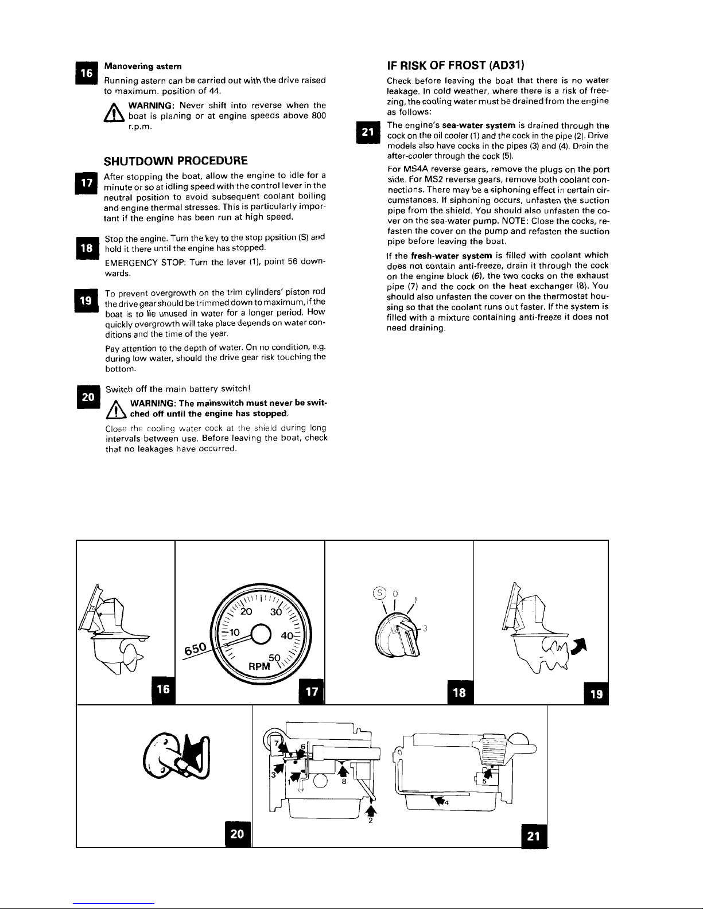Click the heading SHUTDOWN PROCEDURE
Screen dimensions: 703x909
pyautogui.click(x=176, y=161)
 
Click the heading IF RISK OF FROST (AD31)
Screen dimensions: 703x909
pyautogui.click(x=455, y=65)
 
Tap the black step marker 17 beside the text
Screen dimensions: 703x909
pyautogui.click(x=87, y=183)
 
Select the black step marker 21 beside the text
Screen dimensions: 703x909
pyautogui.click(x=368, y=132)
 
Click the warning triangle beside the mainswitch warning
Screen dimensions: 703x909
pyautogui.click(x=116, y=409)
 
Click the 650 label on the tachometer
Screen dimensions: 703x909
pyautogui.click(x=196, y=649)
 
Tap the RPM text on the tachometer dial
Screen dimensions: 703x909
pyautogui.click(x=259, y=666)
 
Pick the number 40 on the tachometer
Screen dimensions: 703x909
pyautogui.click(x=287, y=636)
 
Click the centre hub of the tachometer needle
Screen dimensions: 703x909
pyautogui.click(x=261, y=635)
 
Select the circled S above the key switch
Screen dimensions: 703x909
pyautogui.click(x=379, y=592)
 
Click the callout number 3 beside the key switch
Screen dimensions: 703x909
pyautogui.click(x=425, y=629)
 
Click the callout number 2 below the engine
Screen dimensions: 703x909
pyautogui.click(x=371, y=821)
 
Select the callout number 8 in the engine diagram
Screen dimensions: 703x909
pyautogui.click(x=344, y=781)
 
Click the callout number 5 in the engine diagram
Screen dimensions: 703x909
pyautogui.click(x=484, y=781)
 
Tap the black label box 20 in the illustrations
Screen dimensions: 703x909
pyautogui.click(x=238, y=834)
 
